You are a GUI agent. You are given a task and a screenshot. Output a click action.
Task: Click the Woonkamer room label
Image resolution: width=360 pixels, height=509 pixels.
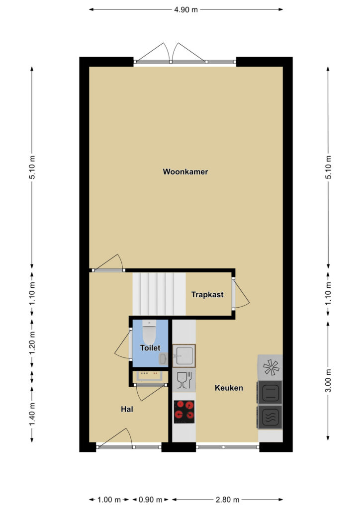(x=185, y=171)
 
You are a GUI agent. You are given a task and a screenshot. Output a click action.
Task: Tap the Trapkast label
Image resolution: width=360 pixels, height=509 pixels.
(x=207, y=295)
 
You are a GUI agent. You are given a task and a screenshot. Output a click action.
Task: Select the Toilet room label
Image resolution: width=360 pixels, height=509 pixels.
(x=150, y=348)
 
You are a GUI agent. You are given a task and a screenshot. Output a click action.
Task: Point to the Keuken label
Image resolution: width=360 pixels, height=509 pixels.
(x=229, y=388)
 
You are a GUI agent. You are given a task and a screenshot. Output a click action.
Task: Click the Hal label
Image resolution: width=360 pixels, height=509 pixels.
(x=127, y=409)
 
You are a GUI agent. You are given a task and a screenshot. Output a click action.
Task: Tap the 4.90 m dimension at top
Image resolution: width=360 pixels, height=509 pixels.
(x=185, y=9)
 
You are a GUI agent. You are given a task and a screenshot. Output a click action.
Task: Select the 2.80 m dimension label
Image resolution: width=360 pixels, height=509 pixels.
(x=227, y=499)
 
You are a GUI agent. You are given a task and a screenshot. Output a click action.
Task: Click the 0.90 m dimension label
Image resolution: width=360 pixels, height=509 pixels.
(x=150, y=499)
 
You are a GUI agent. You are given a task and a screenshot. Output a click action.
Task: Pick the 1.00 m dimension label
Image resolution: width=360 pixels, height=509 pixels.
(x=109, y=499)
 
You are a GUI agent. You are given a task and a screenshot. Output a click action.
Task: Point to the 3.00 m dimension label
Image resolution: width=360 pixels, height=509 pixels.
(x=328, y=380)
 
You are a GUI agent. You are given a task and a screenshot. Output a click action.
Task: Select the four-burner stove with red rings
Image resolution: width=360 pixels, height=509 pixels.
(x=184, y=412)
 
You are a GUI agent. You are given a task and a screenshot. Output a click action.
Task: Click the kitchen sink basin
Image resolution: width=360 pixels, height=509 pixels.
(x=184, y=356)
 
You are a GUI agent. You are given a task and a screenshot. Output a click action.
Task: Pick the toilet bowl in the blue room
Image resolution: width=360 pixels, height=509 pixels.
(x=149, y=332)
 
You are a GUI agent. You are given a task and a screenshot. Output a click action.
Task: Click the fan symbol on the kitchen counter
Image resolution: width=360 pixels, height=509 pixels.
(x=271, y=367)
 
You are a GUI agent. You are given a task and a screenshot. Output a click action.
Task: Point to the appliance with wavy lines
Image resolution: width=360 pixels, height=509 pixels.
(x=270, y=417)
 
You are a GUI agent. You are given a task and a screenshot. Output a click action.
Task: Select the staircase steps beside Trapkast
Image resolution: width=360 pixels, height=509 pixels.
(x=159, y=294)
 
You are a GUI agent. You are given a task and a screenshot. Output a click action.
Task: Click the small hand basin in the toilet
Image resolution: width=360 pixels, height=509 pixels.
(x=164, y=359)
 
